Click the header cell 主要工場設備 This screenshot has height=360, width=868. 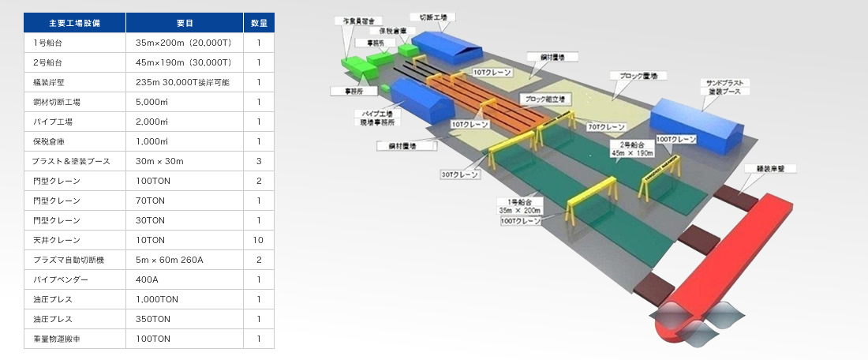pos(75,23)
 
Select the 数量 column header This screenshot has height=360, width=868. pos(258,23)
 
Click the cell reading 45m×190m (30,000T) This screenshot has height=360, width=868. pos(183,62)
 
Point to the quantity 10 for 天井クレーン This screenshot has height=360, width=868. pos(258,240)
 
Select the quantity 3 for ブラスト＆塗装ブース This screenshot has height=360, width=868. pos(258,161)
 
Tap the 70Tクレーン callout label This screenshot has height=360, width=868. pos(605,126)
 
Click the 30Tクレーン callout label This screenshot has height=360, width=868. pos(458,174)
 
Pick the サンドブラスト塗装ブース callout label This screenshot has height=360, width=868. pos(723,87)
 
